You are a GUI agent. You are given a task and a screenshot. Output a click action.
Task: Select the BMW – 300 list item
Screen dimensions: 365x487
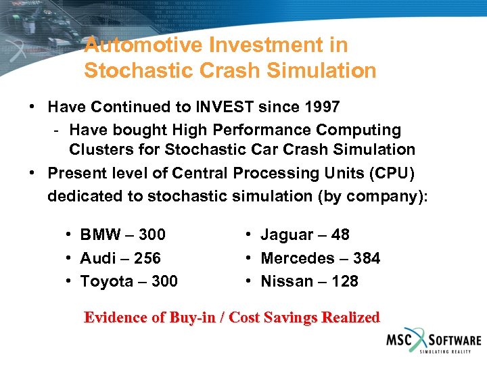(x=122, y=235)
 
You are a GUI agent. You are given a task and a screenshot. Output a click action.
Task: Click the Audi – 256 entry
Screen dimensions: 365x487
(x=120, y=258)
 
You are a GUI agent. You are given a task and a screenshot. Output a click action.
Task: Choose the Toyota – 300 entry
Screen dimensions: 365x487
(x=129, y=281)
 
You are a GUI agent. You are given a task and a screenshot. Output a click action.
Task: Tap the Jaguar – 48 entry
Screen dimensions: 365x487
(x=304, y=235)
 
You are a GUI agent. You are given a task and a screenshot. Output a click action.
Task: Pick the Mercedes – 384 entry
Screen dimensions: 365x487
(x=320, y=258)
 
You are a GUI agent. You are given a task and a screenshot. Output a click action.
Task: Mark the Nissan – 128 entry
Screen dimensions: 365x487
(x=309, y=281)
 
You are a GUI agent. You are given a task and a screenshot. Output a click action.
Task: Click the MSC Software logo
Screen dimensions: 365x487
(x=433, y=341)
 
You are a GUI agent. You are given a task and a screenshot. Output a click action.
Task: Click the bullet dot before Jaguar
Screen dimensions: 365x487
(x=249, y=235)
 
